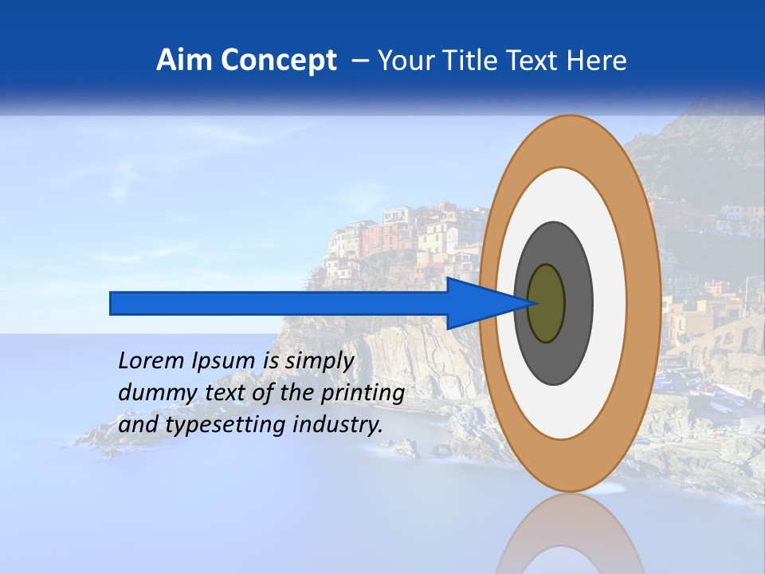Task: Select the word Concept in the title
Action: pyautogui.click(x=279, y=61)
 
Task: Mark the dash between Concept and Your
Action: pyautogui.click(x=359, y=61)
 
